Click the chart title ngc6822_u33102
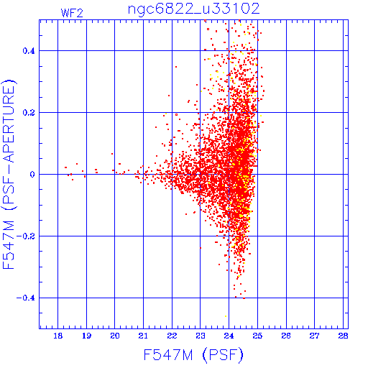[193, 9]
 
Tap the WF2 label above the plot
[72, 13]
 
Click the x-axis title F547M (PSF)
[193, 355]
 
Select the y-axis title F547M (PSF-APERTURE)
[9, 175]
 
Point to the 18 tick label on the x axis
[57, 336]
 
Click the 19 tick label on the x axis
[86, 336]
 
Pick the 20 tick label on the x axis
[115, 336]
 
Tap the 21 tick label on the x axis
[143, 336]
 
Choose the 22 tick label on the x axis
[172, 336]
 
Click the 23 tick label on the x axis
[201, 336]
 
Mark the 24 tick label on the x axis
[229, 336]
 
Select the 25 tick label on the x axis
[257, 336]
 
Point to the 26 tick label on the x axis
[286, 336]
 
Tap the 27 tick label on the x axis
[314, 336]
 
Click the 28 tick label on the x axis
[343, 336]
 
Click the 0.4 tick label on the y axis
[29, 51]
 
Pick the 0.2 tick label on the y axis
[29, 113]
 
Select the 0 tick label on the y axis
[32, 175]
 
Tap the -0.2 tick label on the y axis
[26, 236]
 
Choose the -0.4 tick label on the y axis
[26, 298]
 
